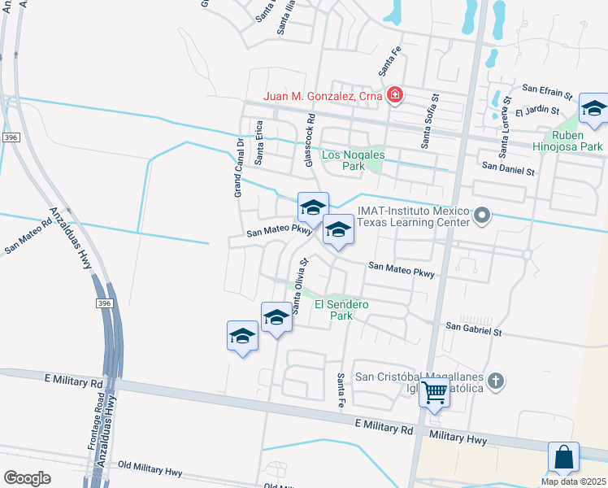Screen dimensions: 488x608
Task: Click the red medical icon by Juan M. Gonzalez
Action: tap(395, 96)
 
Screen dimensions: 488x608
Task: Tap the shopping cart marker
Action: tap(435, 394)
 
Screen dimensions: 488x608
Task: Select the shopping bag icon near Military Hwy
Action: tap(564, 458)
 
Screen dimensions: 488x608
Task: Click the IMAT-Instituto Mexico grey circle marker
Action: tap(483, 216)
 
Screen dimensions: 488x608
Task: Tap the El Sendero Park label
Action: tap(342, 309)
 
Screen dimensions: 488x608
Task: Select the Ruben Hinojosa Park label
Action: tap(577, 141)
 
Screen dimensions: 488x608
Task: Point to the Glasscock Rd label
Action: tap(310, 141)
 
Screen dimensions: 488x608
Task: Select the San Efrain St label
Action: tap(548, 88)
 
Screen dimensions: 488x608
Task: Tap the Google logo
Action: tap(27, 477)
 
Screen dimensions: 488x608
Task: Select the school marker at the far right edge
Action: tap(594, 110)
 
